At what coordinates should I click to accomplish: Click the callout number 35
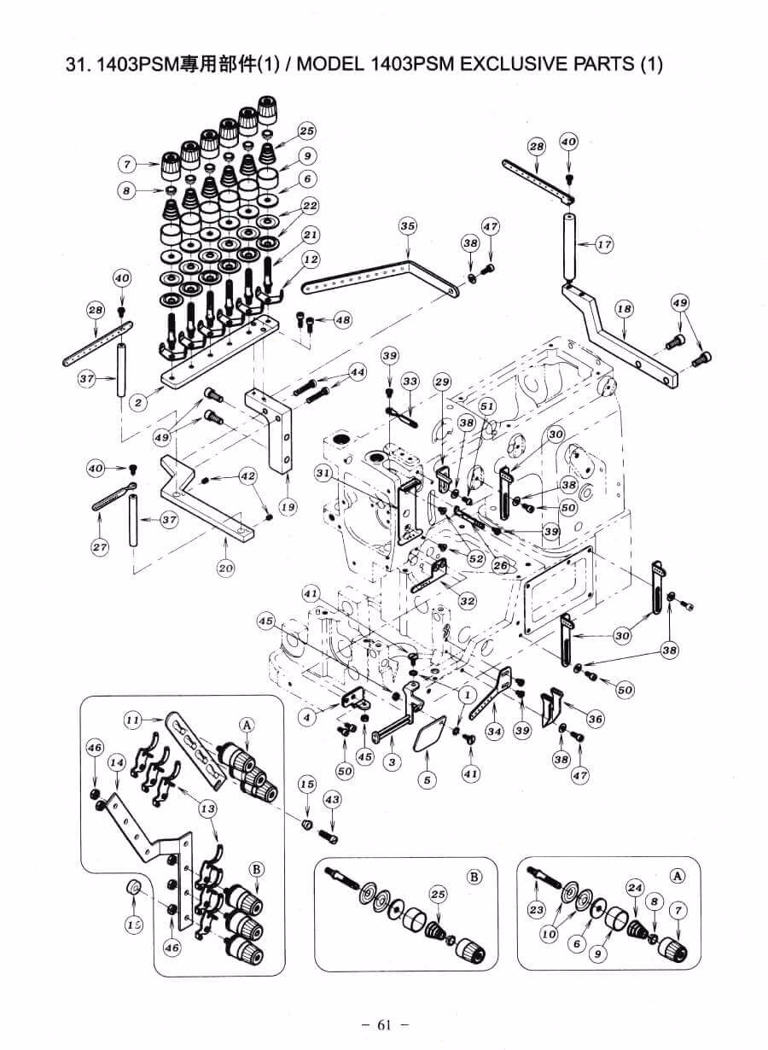[408, 226]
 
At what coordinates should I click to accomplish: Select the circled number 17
[605, 245]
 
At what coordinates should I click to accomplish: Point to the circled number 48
[342, 320]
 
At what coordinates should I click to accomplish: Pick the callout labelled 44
[357, 372]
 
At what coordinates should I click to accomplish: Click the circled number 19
[288, 507]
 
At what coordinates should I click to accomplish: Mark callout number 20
[225, 569]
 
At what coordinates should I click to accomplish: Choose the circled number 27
[100, 547]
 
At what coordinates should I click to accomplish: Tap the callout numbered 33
[410, 381]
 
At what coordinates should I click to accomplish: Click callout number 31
[323, 472]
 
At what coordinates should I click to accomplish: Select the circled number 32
[467, 601]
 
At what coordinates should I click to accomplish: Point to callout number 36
[595, 720]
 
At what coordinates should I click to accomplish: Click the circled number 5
[427, 779]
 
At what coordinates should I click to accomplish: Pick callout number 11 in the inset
[132, 720]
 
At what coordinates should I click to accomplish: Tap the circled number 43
[332, 799]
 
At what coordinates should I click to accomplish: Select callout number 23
[536, 910]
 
